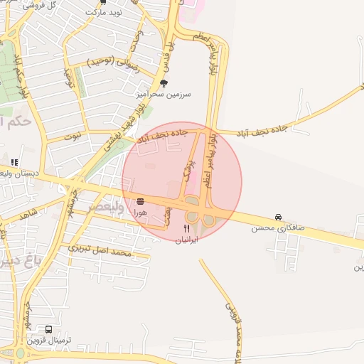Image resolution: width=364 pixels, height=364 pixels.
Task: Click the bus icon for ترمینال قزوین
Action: click(48, 330)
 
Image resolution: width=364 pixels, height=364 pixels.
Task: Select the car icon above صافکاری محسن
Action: click(277, 218)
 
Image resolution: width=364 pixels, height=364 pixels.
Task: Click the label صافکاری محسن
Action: click(277, 228)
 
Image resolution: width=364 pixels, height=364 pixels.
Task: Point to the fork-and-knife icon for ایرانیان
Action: click(187, 228)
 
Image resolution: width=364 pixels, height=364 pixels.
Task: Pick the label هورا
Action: click(140, 212)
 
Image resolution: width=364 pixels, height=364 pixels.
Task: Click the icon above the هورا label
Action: click(140, 201)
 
